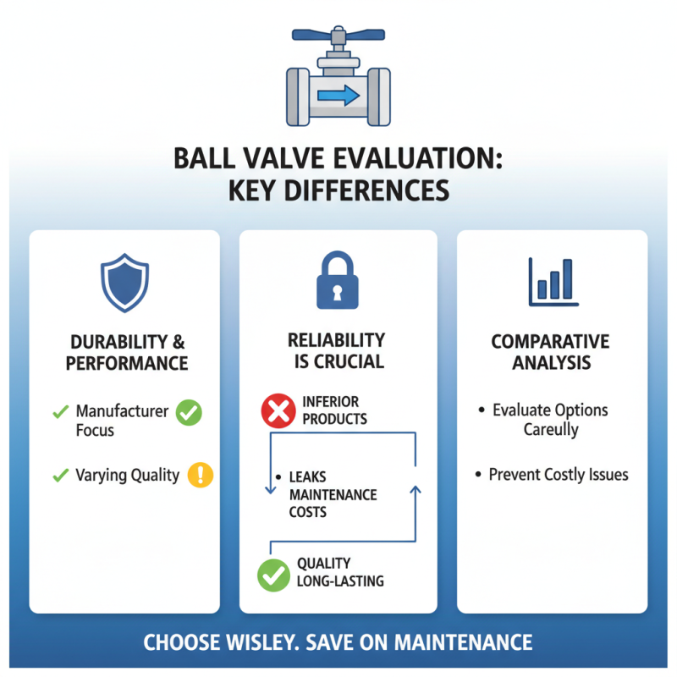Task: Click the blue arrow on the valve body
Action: pos(338,95)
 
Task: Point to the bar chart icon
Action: pos(553,281)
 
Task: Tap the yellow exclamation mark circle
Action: pos(200,474)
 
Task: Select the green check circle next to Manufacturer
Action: pos(189,412)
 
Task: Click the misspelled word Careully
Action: pos(550,430)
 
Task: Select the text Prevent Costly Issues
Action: pos(559,474)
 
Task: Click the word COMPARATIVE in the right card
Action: pos(550,342)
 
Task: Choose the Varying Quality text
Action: pos(127,475)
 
